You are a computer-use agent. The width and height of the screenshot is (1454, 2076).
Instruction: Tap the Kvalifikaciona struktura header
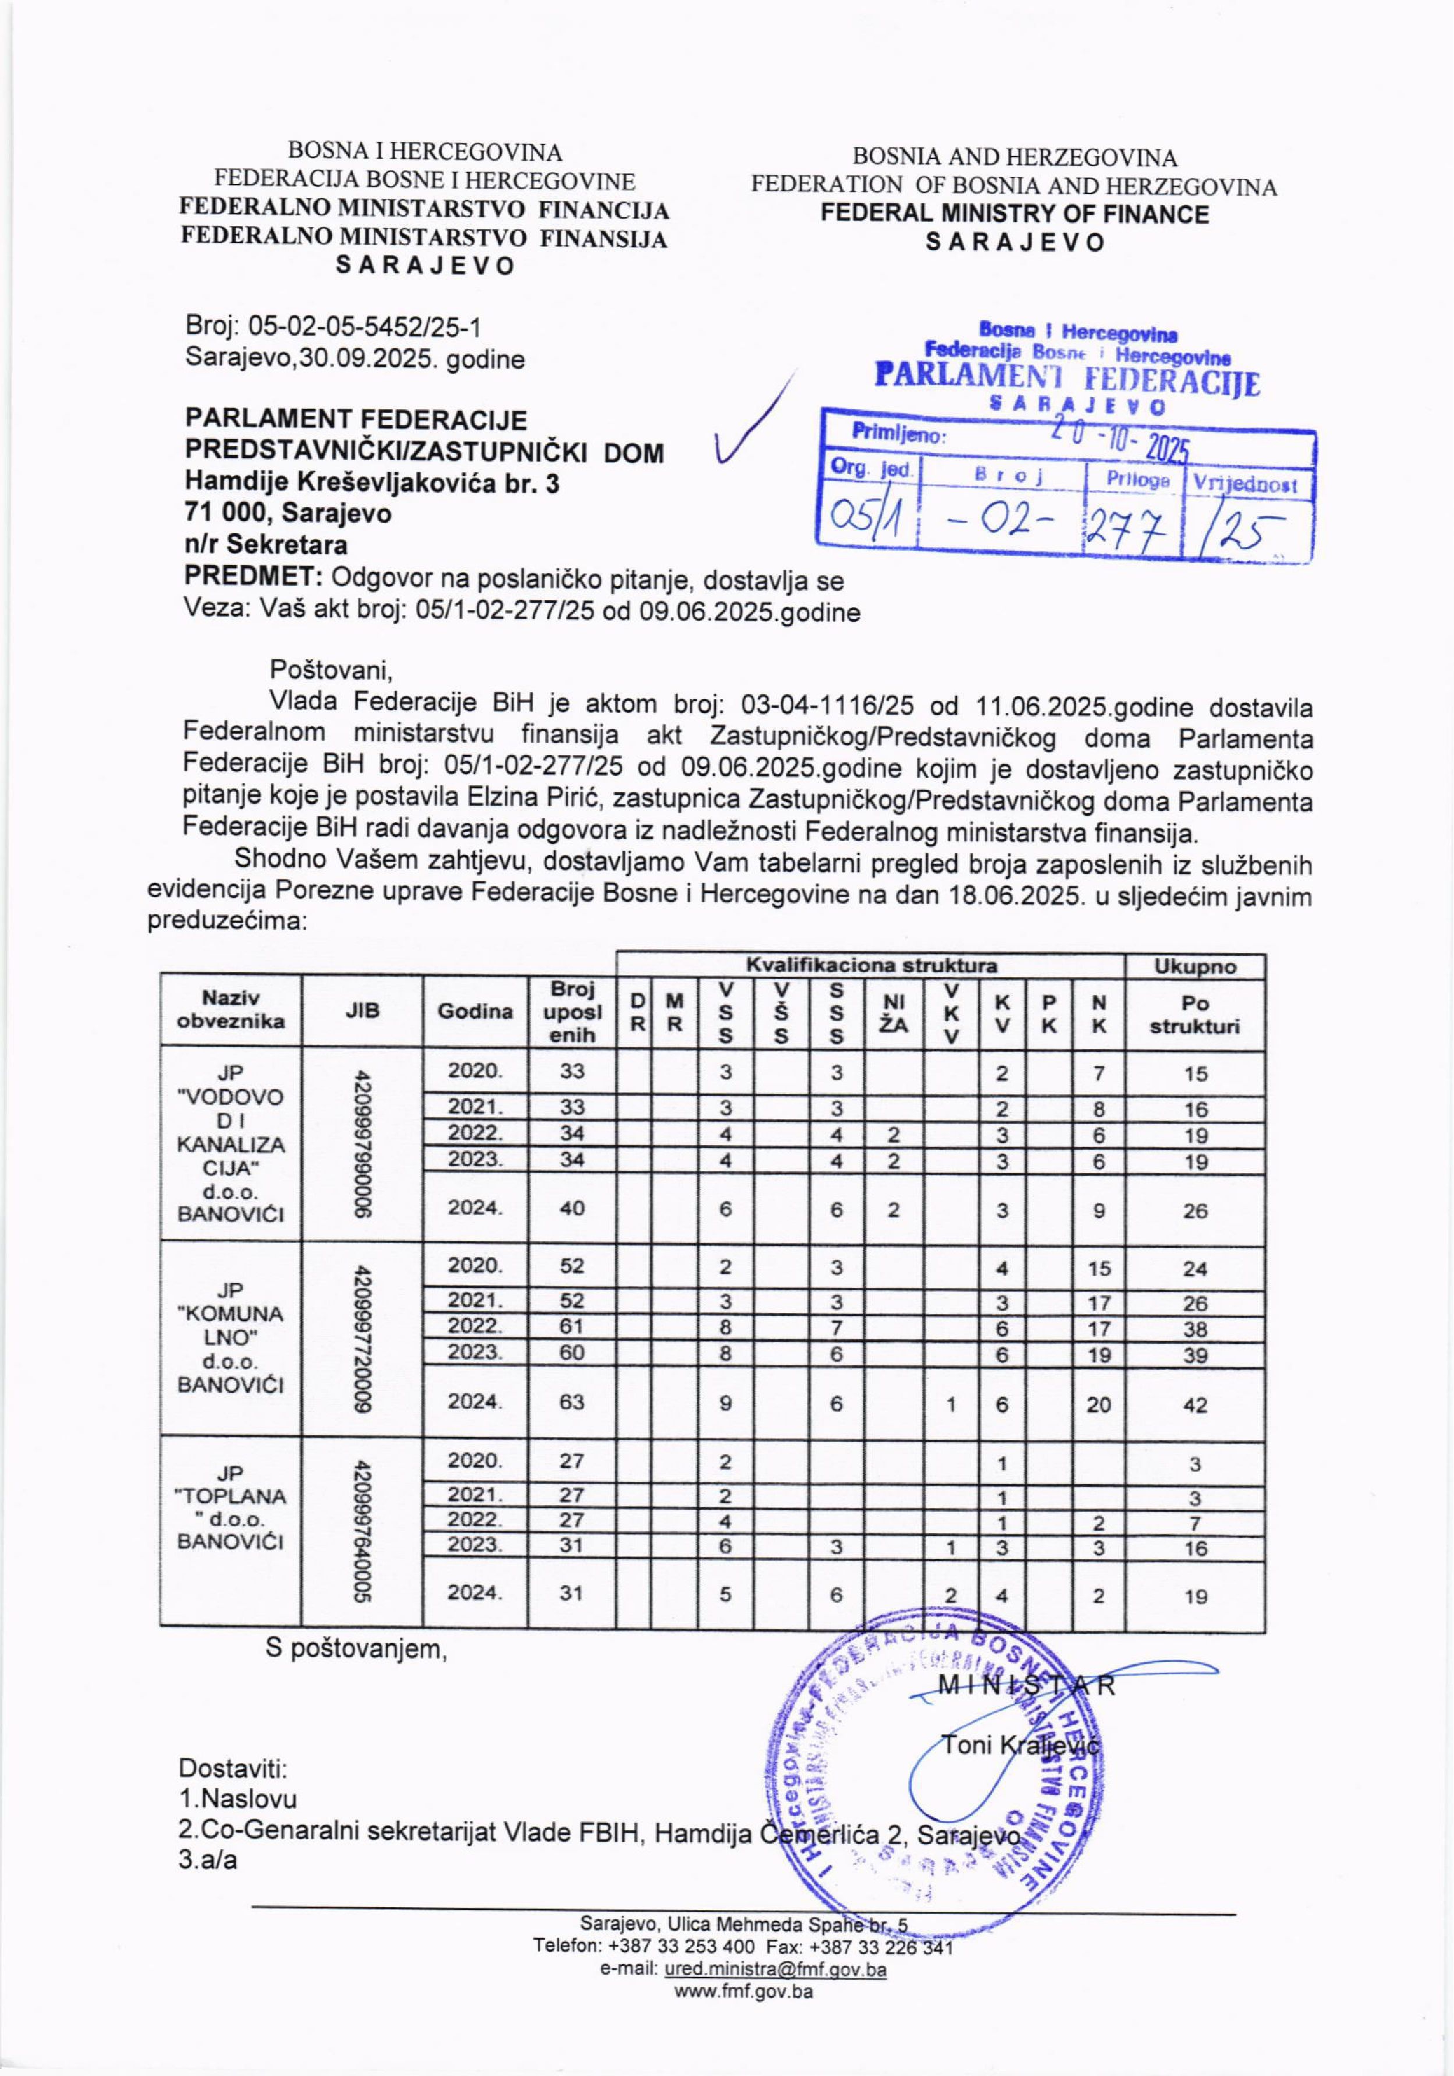click(x=870, y=966)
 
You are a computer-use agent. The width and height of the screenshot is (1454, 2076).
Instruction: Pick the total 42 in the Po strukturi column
click(x=1194, y=1404)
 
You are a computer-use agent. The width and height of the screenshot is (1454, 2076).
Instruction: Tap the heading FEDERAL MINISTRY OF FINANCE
click(x=1014, y=214)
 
